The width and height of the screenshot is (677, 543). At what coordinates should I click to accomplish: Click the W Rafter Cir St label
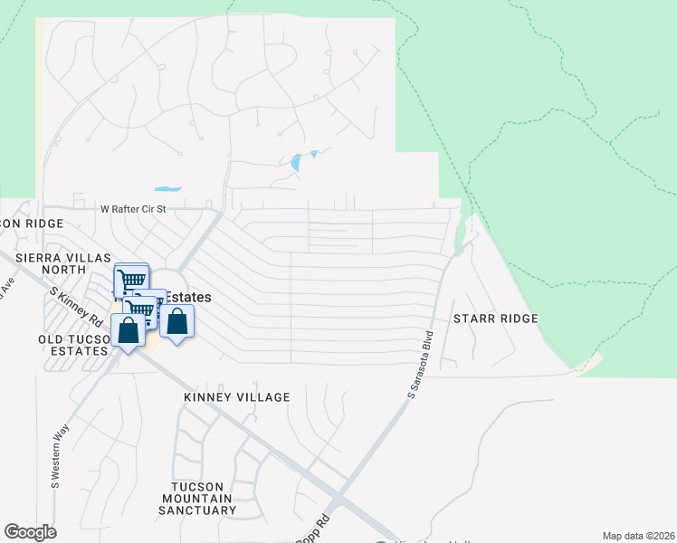133,209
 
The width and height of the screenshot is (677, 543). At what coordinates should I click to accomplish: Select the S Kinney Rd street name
76,306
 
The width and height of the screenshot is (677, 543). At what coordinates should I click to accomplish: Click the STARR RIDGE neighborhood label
495,319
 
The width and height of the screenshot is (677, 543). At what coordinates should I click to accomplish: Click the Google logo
30,532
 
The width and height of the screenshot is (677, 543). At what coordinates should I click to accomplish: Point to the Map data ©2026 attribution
638,536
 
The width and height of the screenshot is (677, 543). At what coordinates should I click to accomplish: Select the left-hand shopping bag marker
128,331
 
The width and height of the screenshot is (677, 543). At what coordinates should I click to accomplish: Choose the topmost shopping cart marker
131,280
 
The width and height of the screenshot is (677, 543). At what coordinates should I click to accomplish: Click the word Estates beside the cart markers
188,297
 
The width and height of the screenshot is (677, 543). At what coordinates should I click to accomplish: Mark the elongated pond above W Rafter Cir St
167,189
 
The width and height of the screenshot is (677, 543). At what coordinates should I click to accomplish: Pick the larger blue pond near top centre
295,163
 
